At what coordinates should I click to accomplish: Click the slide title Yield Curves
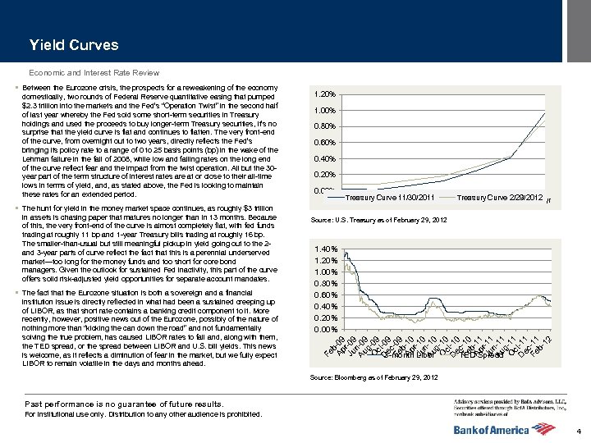click(73, 45)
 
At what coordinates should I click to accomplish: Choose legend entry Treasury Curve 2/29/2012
click(499, 198)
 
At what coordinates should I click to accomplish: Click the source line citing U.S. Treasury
click(378, 220)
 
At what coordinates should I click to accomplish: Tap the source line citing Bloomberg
click(373, 377)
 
